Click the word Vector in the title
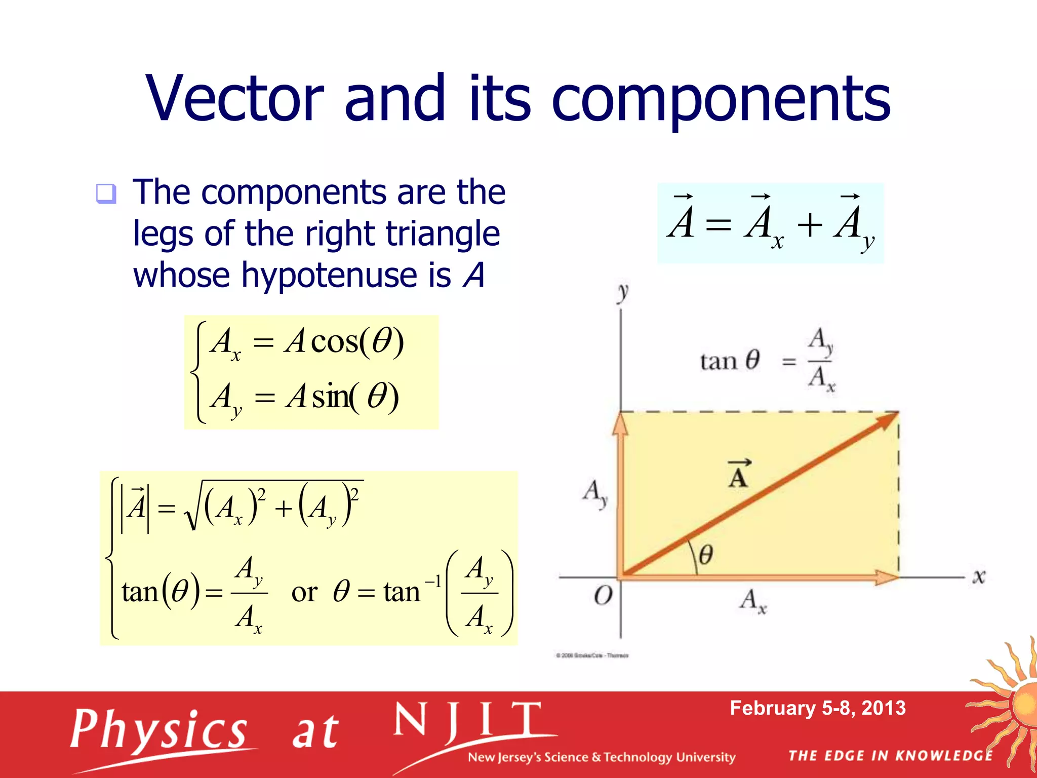tap(234, 98)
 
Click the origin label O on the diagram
tap(603, 596)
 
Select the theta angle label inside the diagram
tap(706, 555)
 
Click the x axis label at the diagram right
tap(978, 576)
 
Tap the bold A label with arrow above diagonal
tap(738, 474)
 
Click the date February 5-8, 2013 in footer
tap(817, 708)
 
